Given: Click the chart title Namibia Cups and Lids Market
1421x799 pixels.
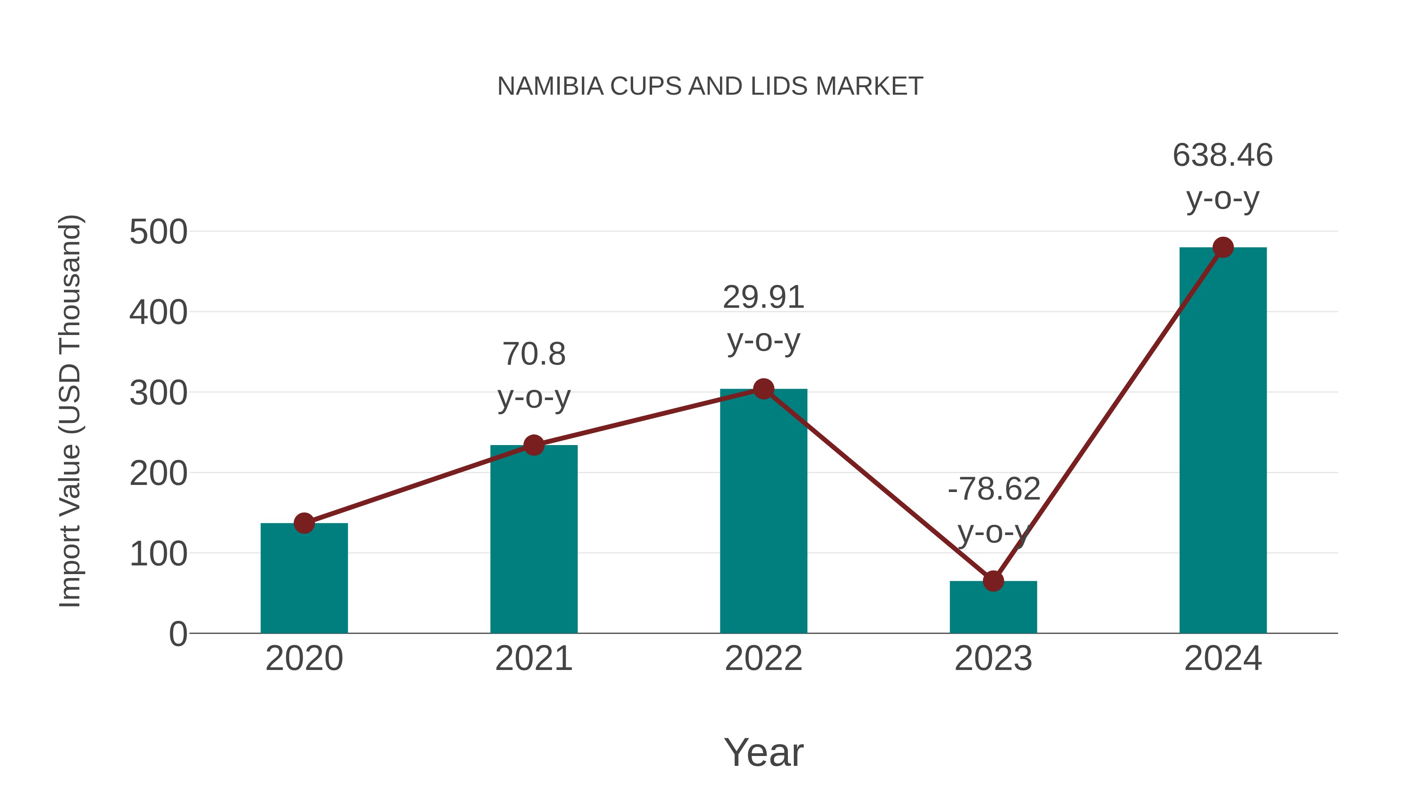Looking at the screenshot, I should (710, 86).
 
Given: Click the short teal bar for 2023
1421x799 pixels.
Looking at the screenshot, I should (993, 609).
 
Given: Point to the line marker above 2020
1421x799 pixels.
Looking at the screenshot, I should (304, 523).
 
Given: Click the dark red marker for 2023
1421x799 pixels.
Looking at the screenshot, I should (993, 581).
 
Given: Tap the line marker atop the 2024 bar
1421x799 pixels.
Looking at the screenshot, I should (1223, 247).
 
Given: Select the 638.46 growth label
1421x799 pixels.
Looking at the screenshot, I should (1223, 155).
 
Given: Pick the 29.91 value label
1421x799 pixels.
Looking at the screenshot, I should (763, 298).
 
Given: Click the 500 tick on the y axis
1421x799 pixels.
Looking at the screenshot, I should (158, 232).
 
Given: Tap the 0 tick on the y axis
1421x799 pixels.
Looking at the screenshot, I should (178, 634).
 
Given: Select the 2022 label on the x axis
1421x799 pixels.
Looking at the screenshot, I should (763, 659).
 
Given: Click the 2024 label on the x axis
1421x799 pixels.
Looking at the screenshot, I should (1223, 659).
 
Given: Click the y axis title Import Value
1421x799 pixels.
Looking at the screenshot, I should (71, 411).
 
